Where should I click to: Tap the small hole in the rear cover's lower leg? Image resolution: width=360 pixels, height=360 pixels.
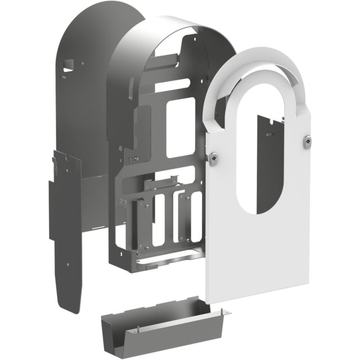[68, 263]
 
